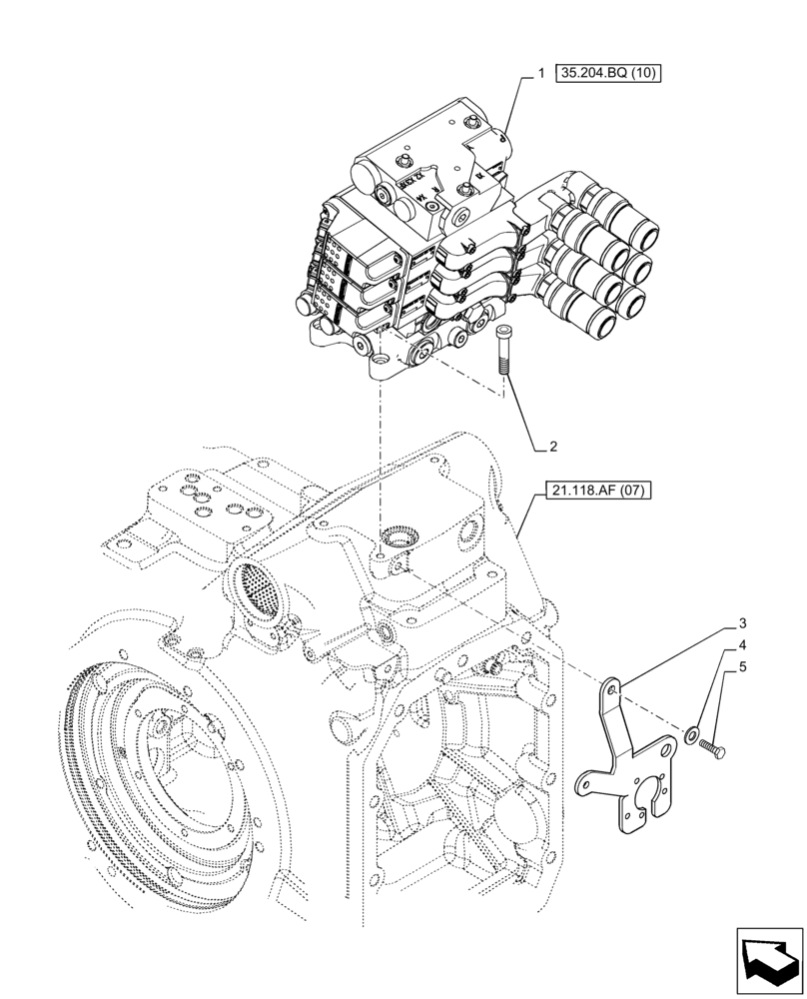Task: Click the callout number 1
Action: click(540, 73)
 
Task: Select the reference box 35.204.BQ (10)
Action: click(609, 73)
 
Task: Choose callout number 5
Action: click(743, 668)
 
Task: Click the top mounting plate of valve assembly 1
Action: click(429, 160)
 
